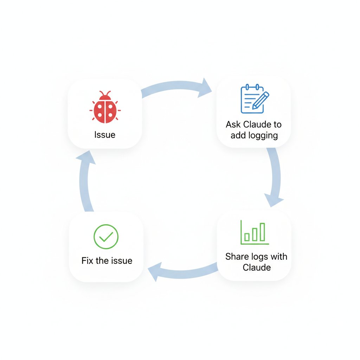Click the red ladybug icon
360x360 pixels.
click(105, 108)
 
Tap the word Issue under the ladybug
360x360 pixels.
click(105, 135)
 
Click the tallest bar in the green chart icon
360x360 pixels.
click(262, 232)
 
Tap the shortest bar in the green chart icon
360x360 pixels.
click(247, 237)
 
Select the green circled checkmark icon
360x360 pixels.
click(106, 237)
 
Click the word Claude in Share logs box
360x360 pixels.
click(257, 268)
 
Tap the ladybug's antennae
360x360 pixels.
click(105, 94)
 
